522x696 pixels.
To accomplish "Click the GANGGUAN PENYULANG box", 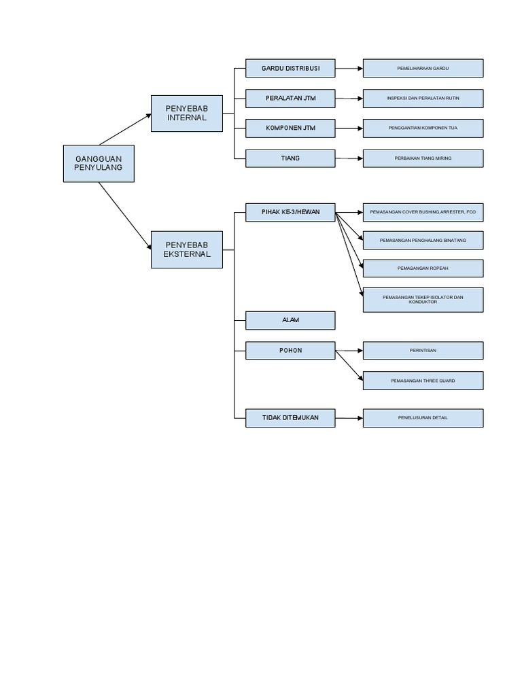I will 99,163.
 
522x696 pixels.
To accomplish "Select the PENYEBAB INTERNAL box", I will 186,114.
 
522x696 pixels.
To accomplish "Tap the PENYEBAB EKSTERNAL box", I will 186,249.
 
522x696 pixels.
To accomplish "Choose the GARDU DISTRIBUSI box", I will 290,68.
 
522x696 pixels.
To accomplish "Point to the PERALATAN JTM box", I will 290,99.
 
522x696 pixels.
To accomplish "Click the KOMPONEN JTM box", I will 290,128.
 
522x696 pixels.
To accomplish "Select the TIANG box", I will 290,158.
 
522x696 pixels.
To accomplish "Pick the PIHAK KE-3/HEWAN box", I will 290,212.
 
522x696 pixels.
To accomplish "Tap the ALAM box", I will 290,320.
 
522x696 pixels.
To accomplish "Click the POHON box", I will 290,351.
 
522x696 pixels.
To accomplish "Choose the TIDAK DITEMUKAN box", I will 290,417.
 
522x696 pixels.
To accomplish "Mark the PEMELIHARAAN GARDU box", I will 423,68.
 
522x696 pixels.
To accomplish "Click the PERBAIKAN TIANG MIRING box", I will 423,158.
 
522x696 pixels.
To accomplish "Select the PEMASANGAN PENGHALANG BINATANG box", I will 423,241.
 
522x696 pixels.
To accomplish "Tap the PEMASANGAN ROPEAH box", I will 423,268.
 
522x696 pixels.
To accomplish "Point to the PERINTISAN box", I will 423,351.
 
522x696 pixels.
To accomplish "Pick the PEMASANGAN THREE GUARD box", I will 423,381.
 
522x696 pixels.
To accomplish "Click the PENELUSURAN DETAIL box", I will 423,418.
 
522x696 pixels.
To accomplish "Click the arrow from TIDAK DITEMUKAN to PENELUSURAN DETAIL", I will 349,418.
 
